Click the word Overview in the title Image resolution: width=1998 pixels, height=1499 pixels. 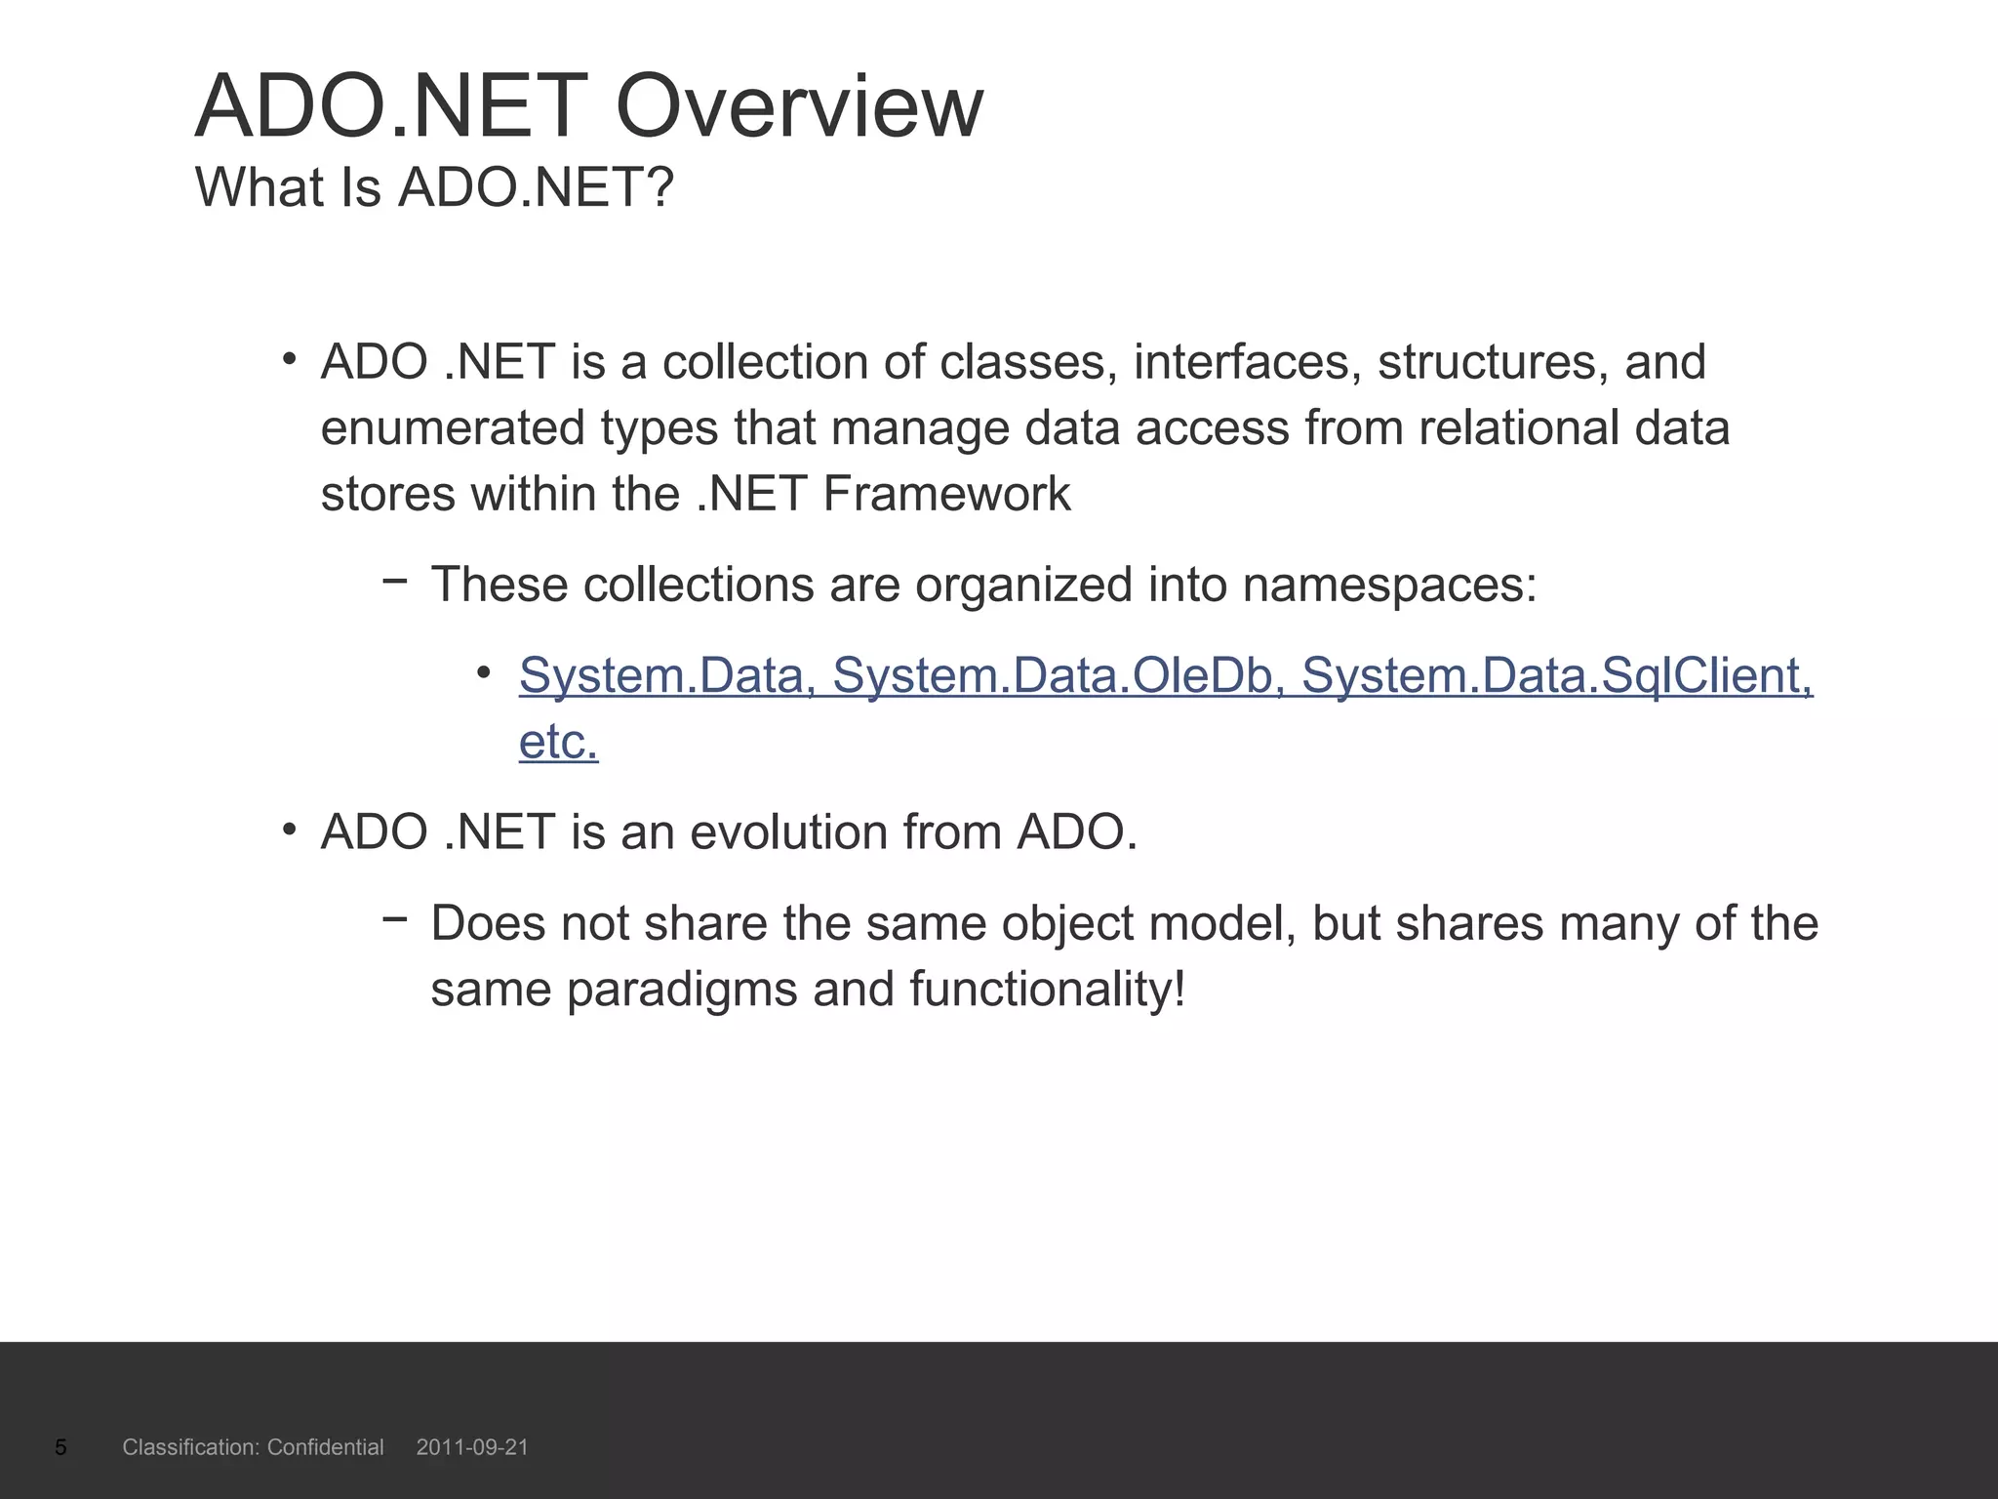tap(799, 107)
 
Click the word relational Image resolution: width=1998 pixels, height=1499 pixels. tap(1518, 428)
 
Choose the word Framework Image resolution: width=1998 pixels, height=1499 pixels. tap(945, 494)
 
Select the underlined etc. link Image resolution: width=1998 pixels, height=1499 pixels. tap(558, 742)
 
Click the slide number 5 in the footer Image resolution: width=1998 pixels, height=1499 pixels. tap(60, 1447)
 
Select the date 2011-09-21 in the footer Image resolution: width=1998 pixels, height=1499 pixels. tap(472, 1447)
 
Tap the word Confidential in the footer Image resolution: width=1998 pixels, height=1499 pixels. tap(325, 1447)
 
